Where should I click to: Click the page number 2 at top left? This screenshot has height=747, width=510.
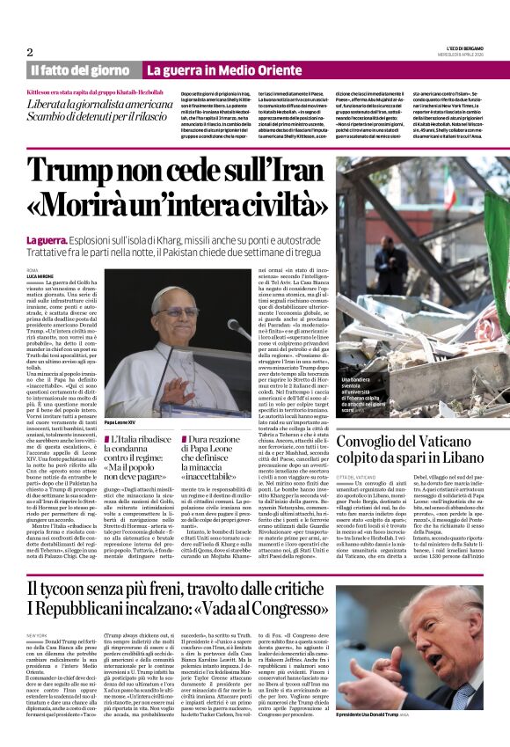(x=30, y=51)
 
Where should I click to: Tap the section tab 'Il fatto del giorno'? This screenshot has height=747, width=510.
(x=81, y=70)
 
